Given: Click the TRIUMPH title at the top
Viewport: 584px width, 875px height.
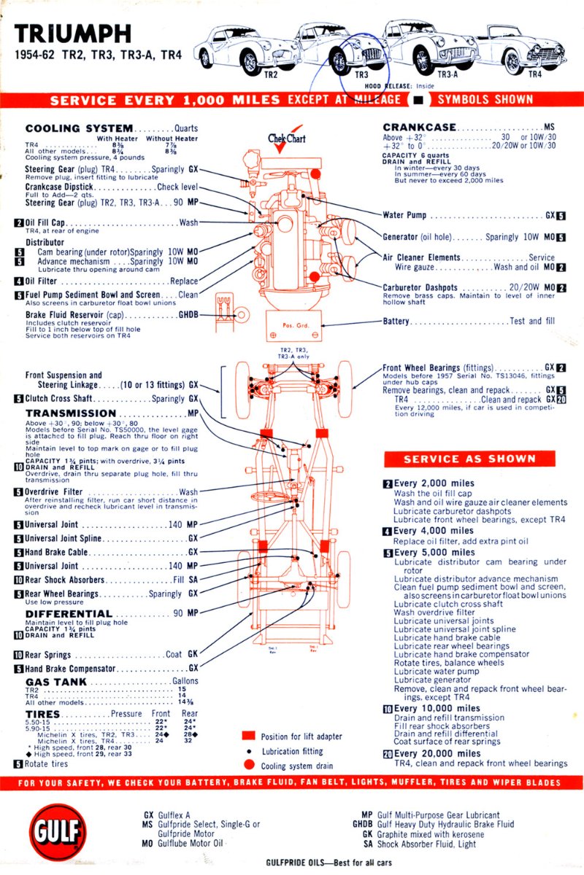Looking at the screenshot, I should tap(73, 34).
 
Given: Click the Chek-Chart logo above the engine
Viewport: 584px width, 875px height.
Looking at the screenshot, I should tap(286, 137).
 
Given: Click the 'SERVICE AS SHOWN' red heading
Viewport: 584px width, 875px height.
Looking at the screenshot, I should tap(469, 459).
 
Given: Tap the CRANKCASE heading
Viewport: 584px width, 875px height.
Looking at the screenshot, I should tap(419, 128).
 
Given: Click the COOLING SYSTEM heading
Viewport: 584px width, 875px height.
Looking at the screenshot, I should tap(79, 128).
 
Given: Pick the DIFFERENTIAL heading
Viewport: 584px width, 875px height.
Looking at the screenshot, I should tap(69, 613).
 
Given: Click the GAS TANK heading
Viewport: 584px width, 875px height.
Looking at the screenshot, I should tap(56, 682).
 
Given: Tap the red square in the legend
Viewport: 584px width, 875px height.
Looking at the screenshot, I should tap(249, 736).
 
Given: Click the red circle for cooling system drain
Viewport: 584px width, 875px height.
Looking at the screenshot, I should tap(249, 765).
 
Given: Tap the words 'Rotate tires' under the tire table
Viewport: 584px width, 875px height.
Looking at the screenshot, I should tap(46, 764).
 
